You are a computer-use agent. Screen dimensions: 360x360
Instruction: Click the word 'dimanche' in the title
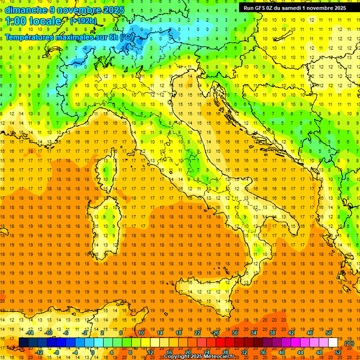pyautogui.click(x=25, y=10)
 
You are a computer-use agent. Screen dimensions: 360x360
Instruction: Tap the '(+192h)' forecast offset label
pyautogui.click(x=83, y=21)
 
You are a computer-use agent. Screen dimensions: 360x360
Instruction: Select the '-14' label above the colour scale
pyautogui.click(x=30, y=333)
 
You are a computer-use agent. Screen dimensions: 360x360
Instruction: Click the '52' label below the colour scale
pyautogui.click(x=338, y=352)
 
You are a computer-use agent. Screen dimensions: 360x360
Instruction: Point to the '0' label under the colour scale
pyautogui.click(x=93, y=352)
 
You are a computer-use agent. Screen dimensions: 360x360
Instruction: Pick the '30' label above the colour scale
pyautogui.click(x=234, y=333)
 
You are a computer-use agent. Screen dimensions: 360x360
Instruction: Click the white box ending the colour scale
pyautogui.click(x=333, y=343)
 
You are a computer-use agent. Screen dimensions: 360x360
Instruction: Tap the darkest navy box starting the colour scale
pyautogui.click(x=23, y=343)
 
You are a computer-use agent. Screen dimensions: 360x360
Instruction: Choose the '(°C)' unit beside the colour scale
pyautogui.click(x=349, y=343)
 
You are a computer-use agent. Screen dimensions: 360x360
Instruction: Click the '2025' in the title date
pyautogui.click(x=113, y=10)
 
